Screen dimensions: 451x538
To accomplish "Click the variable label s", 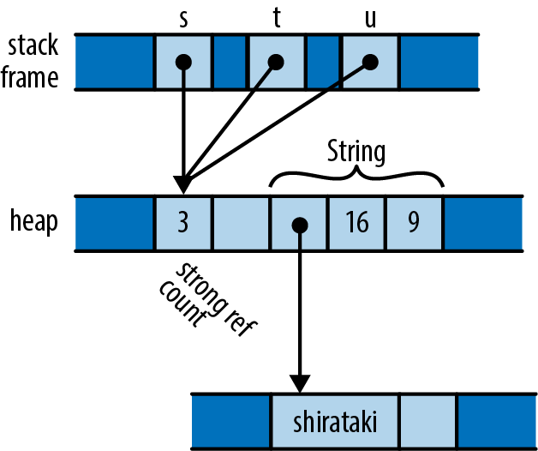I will pos(183,19).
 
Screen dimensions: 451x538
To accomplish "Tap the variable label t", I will pos(277,19).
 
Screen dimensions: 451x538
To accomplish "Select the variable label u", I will pos(370,19).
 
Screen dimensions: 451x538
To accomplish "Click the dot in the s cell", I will pos(182,62).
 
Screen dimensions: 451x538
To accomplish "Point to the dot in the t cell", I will pos(276,62).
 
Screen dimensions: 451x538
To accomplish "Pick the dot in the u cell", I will pos(370,62).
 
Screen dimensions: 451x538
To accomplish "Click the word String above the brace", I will pos(356,153).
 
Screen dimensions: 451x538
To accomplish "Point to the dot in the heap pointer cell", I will pos(299,225).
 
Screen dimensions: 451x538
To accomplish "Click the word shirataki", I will pos(334,423).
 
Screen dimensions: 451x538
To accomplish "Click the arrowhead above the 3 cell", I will pos(182,185).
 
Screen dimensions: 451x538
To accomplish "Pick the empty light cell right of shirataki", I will pos(427,422).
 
